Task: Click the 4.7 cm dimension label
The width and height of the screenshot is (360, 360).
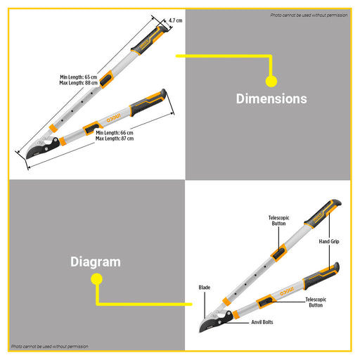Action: [175, 20]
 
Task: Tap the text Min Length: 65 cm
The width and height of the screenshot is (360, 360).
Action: [79, 77]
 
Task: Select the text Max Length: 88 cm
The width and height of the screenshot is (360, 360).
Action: [78, 83]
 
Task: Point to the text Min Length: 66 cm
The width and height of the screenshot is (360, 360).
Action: [115, 133]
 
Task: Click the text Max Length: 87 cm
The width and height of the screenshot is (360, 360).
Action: [115, 139]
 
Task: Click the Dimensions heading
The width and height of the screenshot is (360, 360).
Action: [271, 98]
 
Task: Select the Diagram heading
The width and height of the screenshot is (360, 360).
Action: [96, 262]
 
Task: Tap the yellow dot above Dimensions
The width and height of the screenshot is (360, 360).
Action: [271, 82]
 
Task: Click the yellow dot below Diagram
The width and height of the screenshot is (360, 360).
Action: [96, 279]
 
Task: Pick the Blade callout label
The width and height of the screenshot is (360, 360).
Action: [205, 288]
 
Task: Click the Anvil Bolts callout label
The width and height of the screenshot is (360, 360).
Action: [262, 322]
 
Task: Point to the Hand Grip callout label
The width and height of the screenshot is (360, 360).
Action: [329, 241]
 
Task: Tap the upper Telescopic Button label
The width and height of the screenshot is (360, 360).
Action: [278, 221]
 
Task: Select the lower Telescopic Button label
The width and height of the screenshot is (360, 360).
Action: [316, 302]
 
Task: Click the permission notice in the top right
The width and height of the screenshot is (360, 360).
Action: [309, 15]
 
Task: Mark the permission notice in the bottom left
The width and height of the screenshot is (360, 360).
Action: [50, 347]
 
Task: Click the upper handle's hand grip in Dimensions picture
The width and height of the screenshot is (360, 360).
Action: [149, 40]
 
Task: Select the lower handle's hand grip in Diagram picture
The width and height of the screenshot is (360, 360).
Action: [321, 276]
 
